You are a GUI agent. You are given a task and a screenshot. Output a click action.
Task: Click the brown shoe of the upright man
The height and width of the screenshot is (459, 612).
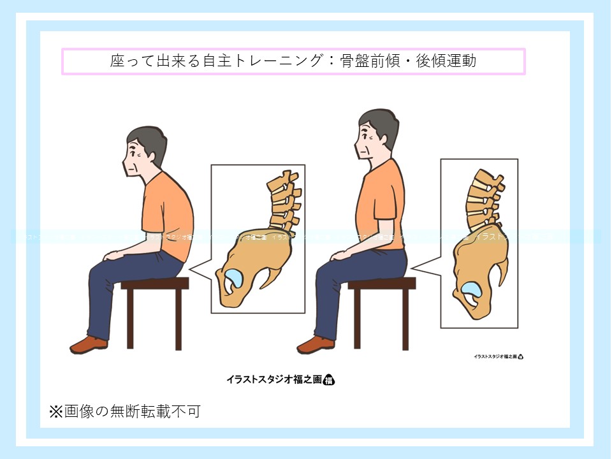click(316, 344)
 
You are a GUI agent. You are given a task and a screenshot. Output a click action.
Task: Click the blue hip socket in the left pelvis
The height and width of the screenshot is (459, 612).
click(233, 277)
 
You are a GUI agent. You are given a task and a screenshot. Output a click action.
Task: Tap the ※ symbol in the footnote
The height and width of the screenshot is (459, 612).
click(56, 412)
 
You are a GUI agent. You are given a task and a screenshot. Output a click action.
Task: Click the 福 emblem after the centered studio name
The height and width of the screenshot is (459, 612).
click(329, 380)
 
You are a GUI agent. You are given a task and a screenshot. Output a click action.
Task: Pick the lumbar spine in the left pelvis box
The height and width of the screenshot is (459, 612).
click(284, 201)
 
